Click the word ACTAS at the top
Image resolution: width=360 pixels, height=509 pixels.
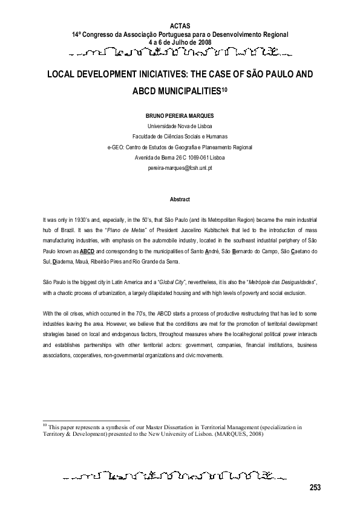tap(180, 26)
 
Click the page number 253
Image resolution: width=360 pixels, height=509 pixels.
tap(315, 488)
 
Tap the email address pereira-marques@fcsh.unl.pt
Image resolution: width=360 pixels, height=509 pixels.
tap(180, 169)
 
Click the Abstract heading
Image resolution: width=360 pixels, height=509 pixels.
tap(180, 199)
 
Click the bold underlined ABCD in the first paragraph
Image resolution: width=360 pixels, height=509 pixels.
tap(88, 249)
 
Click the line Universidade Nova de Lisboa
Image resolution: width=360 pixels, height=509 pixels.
tap(180, 125)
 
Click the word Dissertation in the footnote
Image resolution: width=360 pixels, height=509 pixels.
tap(191, 426)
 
